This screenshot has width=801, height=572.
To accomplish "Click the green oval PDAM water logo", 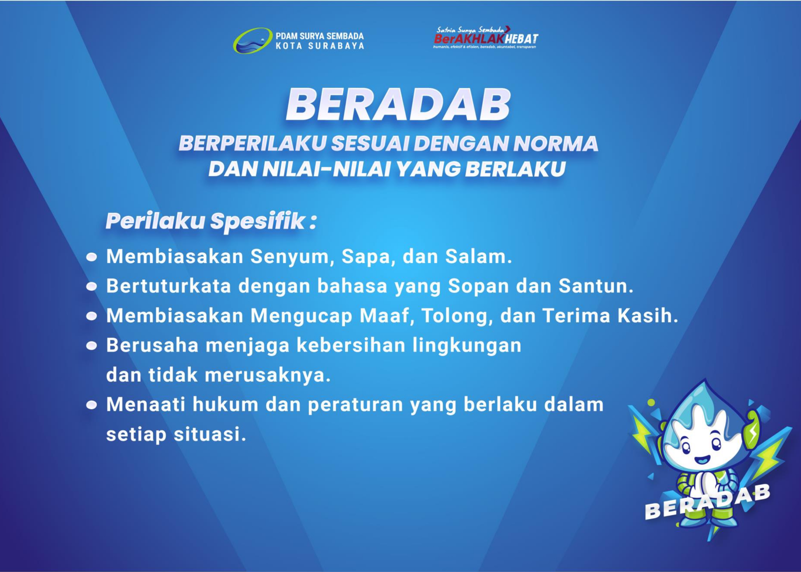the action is pos(253,41).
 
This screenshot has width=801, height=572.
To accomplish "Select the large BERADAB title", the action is pos(398,105).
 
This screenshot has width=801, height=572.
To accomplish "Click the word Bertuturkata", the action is pos(169,286).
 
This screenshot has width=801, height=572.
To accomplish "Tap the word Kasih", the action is pos(647,315).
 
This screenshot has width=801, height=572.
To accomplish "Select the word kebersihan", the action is pos(351,345).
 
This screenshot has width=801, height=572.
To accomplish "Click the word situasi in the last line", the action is pos(209,434).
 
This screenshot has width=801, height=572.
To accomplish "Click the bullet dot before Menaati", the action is pos(92,405).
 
